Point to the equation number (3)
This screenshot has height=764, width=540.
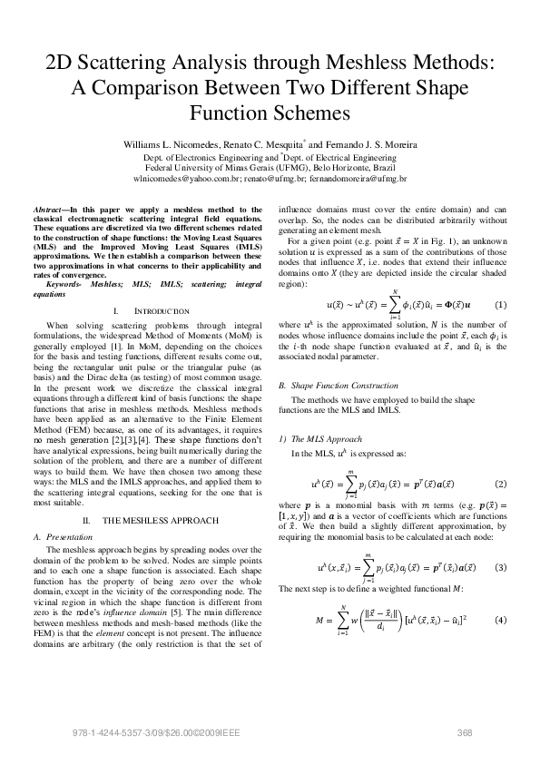pyautogui.click(x=499, y=566)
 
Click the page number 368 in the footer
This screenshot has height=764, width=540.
pyautogui.click(x=466, y=732)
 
